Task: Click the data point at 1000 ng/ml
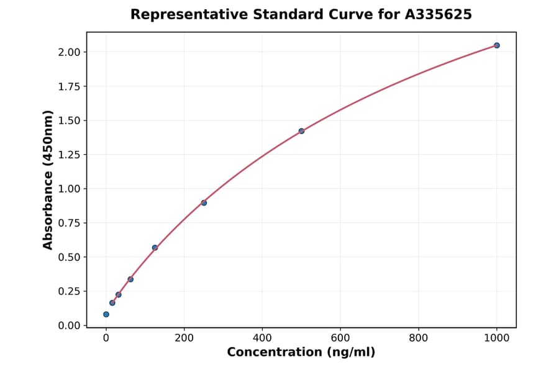(496, 45)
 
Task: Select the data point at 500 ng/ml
(301, 131)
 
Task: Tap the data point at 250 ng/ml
(204, 203)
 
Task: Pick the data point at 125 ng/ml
(155, 247)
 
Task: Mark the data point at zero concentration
(106, 314)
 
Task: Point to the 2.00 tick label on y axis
(69, 52)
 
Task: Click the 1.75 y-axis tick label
(69, 86)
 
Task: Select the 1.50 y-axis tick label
(69, 121)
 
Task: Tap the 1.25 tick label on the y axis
(69, 155)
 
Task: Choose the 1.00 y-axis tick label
(69, 189)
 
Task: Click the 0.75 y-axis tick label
(69, 223)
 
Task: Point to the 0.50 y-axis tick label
(69, 257)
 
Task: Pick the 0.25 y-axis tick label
(69, 291)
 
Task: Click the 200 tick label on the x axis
(184, 339)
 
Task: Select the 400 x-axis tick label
(262, 339)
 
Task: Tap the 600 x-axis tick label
(340, 339)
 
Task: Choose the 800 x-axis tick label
(419, 339)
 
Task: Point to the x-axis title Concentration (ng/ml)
(301, 353)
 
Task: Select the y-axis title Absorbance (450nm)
(48, 180)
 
